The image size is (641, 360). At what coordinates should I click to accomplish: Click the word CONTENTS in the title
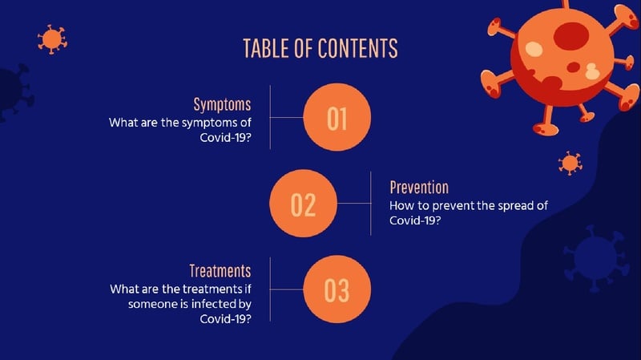[x=357, y=48]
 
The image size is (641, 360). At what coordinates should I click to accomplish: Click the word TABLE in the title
[x=267, y=48]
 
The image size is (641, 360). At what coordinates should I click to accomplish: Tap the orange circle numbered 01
[x=337, y=117]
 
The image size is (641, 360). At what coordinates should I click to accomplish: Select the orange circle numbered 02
[x=304, y=204]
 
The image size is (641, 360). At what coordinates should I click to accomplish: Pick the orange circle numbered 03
[x=337, y=289]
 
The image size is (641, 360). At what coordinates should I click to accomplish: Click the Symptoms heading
[x=222, y=105]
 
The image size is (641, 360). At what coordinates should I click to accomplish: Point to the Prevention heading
[x=419, y=188]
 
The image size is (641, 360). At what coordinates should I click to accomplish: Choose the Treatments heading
[x=220, y=271]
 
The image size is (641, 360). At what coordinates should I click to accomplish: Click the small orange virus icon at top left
[x=52, y=39]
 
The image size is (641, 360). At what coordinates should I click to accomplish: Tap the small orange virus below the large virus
[x=570, y=164]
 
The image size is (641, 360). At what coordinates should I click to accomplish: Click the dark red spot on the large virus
[x=571, y=36]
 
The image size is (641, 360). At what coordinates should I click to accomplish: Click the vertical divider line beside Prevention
[x=371, y=204]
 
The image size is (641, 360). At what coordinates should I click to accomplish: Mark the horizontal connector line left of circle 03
[x=287, y=289]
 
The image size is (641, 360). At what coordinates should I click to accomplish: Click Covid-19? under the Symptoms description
[x=225, y=137]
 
